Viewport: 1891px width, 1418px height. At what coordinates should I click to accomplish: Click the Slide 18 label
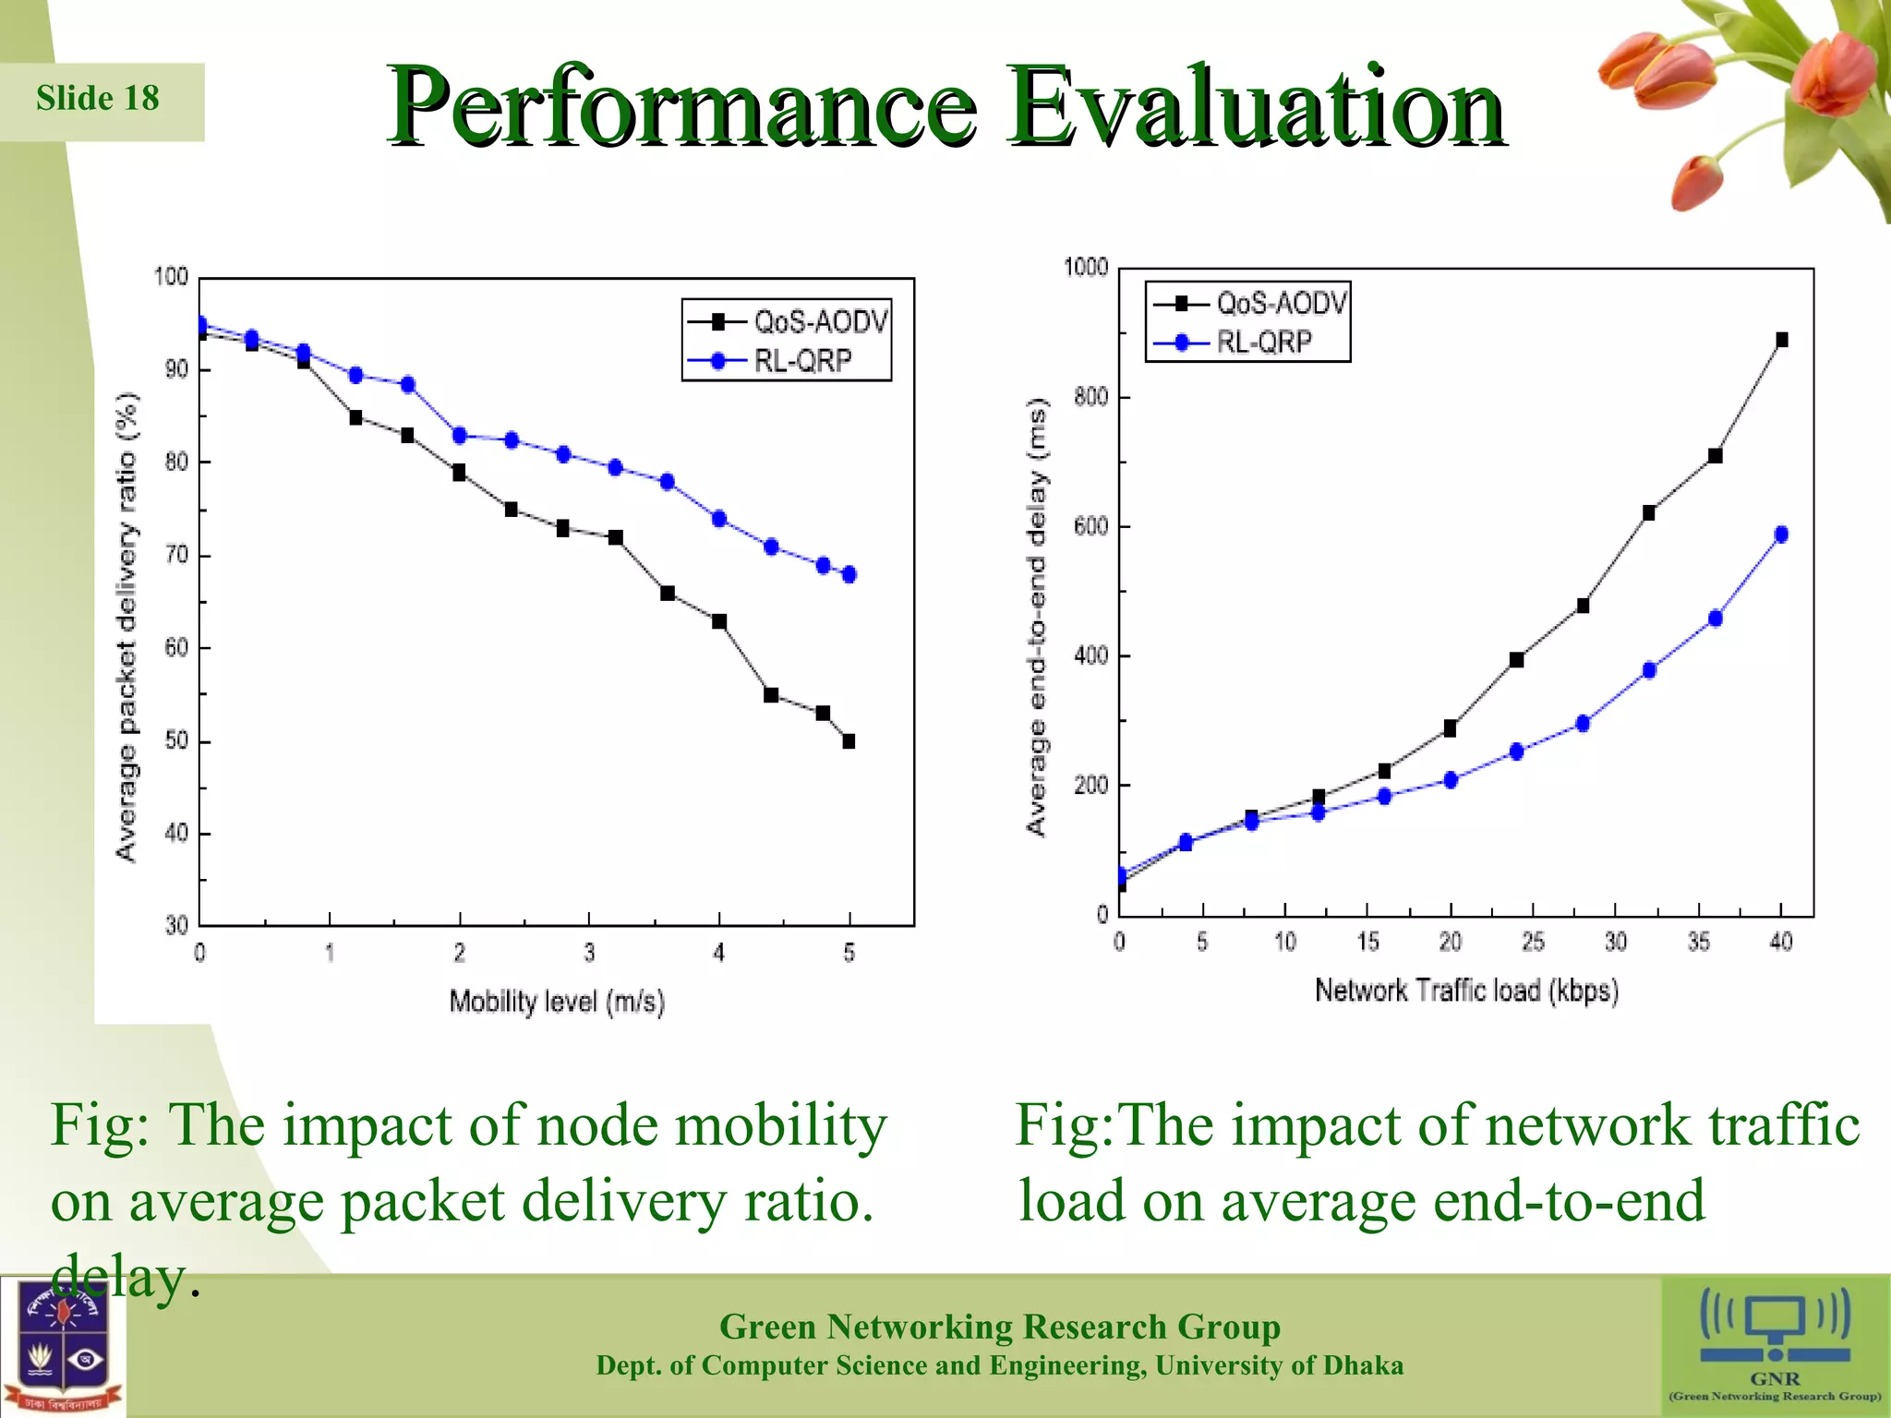click(x=97, y=99)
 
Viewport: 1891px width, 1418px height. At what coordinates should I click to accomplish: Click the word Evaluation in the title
click(x=1256, y=109)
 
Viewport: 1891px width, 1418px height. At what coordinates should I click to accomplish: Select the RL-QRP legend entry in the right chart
click(x=1263, y=342)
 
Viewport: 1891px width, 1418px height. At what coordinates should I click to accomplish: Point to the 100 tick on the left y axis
click(x=171, y=277)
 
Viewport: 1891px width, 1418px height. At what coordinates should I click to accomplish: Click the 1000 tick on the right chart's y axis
click(x=1086, y=268)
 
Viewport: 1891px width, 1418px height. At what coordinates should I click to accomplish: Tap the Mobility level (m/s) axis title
click(x=557, y=1002)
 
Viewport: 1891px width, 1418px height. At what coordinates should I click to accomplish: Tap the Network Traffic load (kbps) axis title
click(x=1466, y=991)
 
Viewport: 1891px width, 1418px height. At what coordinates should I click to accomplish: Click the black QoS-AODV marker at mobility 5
click(x=849, y=741)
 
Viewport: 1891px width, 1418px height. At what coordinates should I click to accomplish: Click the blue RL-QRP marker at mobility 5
click(x=849, y=574)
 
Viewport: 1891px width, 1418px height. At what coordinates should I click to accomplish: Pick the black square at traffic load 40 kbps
click(x=1781, y=340)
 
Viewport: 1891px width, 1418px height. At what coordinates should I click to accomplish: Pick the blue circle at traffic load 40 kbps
click(x=1781, y=535)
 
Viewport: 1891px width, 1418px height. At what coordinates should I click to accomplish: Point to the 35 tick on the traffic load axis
click(x=1698, y=942)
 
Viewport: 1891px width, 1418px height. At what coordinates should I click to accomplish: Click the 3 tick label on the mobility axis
click(x=589, y=953)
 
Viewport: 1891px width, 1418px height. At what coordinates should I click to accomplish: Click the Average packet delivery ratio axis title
click(x=126, y=628)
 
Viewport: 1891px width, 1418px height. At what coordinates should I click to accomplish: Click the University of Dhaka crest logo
click(x=62, y=1346)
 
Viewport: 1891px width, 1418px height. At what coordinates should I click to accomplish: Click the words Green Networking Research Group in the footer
click(x=999, y=1327)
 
